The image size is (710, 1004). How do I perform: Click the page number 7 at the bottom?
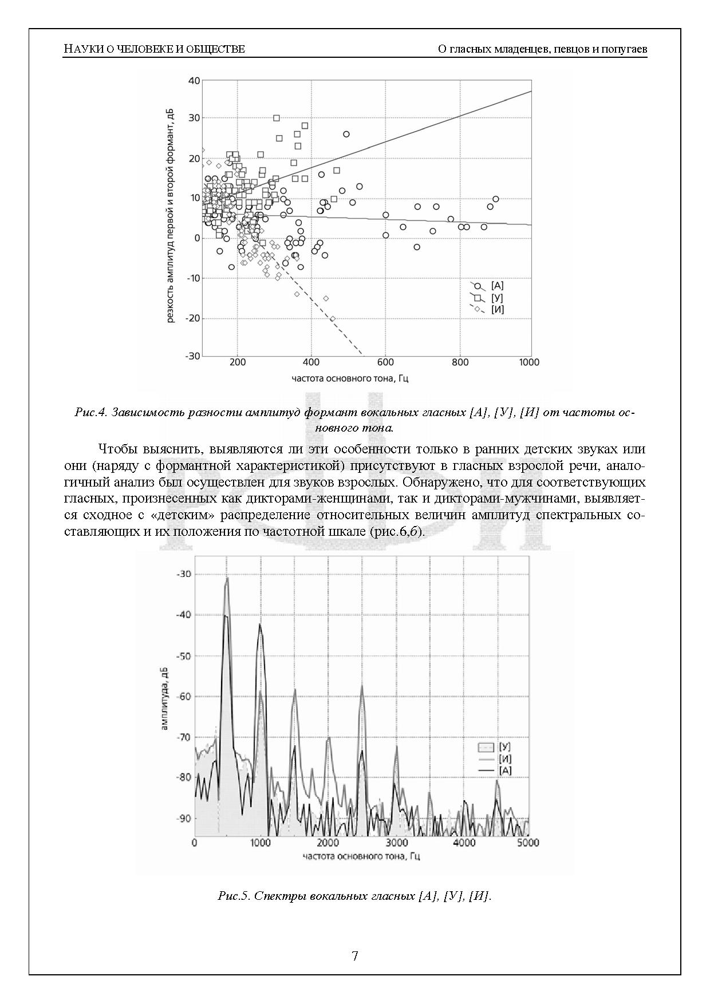[355, 955]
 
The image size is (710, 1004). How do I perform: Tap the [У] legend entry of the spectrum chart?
[504, 747]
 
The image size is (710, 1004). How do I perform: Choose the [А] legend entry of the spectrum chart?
[504, 770]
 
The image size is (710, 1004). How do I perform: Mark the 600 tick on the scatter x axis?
[385, 362]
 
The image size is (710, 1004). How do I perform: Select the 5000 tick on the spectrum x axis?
[527, 843]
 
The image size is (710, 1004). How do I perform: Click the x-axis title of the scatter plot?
[349, 378]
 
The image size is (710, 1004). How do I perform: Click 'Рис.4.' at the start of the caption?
[91, 413]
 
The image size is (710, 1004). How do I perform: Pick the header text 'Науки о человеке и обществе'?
[154, 49]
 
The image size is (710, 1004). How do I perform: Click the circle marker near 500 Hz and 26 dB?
[346, 135]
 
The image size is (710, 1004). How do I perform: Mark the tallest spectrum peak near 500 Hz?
[227, 579]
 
